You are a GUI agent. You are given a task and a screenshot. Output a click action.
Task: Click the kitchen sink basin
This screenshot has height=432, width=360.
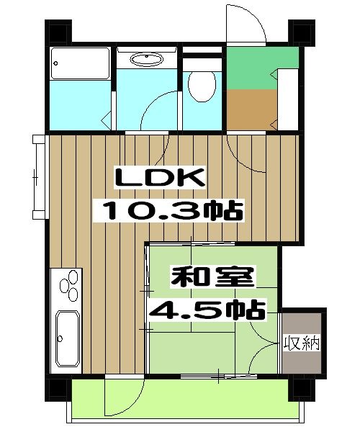pos(67,337)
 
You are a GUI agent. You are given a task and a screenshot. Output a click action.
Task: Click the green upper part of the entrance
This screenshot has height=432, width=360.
pos(251,69)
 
